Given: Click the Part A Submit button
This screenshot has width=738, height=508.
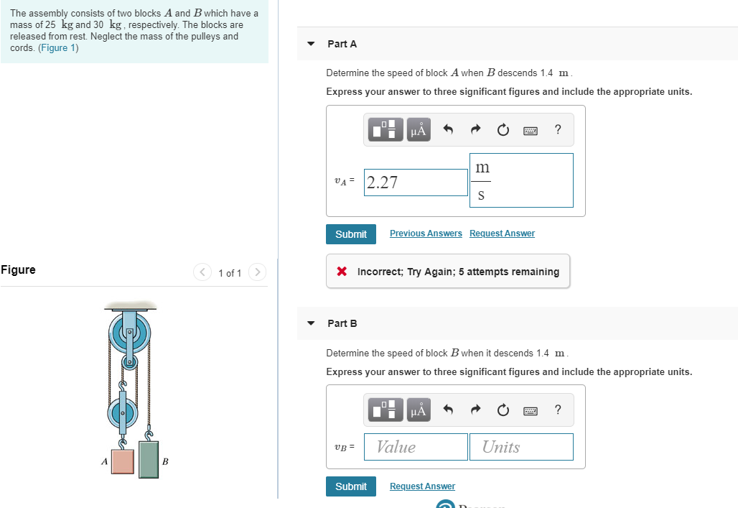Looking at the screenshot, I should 350,234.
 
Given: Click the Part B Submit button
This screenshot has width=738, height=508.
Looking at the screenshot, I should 350,486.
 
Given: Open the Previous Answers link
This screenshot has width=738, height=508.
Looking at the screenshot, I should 426,234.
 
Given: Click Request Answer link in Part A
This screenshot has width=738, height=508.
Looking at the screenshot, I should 502,234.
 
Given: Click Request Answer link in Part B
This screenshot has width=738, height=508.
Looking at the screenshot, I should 422,486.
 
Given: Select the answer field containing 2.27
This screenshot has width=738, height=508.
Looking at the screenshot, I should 416,183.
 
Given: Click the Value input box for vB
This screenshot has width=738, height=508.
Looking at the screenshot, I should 416,447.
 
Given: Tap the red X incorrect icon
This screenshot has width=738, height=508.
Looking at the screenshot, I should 342,272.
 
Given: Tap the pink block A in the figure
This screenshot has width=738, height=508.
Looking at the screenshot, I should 122,461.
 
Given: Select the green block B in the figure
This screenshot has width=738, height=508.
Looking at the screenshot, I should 149,459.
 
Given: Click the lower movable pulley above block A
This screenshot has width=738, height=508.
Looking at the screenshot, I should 122,415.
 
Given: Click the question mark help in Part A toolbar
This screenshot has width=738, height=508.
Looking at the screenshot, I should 558,129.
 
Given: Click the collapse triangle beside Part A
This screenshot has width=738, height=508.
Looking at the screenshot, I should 311,44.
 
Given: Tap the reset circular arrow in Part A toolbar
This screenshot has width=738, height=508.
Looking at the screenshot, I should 503,130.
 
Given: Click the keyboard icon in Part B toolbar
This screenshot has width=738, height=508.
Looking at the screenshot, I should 531,411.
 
